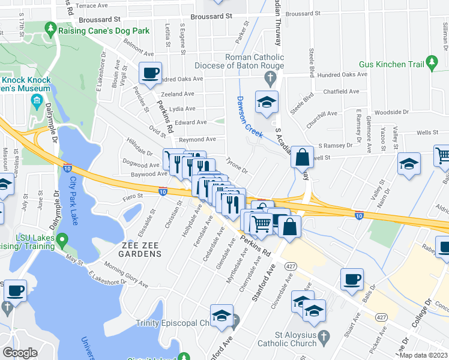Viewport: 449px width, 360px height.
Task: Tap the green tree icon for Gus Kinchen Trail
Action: click(x=431, y=62)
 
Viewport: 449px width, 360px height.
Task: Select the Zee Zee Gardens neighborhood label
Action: click(x=133, y=254)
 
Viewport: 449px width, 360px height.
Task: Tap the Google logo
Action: click(x=20, y=353)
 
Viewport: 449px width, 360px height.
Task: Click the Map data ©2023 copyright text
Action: click(x=423, y=355)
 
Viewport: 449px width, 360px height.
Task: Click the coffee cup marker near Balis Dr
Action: click(x=352, y=279)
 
